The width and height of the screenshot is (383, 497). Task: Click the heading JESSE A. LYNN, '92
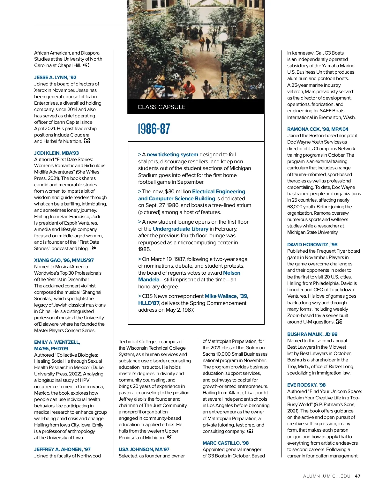[x=55, y=78]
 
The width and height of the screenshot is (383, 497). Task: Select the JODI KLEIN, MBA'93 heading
[x=56, y=153]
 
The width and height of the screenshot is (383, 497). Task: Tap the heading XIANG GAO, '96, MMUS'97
[x=64, y=260]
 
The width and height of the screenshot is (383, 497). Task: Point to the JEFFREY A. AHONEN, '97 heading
[x=62, y=449]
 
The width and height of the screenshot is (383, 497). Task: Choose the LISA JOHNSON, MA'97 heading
[x=144, y=449]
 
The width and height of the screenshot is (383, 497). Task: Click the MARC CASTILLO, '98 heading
[x=226, y=443]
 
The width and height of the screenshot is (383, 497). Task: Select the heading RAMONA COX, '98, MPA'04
[x=318, y=129]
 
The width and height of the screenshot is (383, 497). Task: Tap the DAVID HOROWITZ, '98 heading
[x=312, y=245]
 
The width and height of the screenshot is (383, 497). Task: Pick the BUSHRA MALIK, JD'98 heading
[x=312, y=334]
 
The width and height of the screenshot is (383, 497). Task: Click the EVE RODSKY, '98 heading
[x=306, y=385]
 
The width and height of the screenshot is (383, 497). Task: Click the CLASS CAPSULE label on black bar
[x=161, y=107]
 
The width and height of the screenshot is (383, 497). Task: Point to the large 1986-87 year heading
[x=154, y=129]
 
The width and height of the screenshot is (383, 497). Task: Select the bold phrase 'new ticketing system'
[x=172, y=155]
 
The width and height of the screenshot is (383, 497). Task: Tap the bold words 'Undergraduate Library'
[x=180, y=229]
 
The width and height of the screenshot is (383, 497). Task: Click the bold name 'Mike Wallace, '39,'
[x=226, y=296]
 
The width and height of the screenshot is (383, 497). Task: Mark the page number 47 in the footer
[x=357, y=476]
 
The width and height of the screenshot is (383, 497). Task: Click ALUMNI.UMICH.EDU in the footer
[x=327, y=476]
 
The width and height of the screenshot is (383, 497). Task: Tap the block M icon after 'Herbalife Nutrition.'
[x=87, y=141]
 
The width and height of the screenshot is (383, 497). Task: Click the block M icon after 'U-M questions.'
[x=339, y=322]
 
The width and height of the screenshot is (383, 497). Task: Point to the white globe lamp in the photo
[x=224, y=36]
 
